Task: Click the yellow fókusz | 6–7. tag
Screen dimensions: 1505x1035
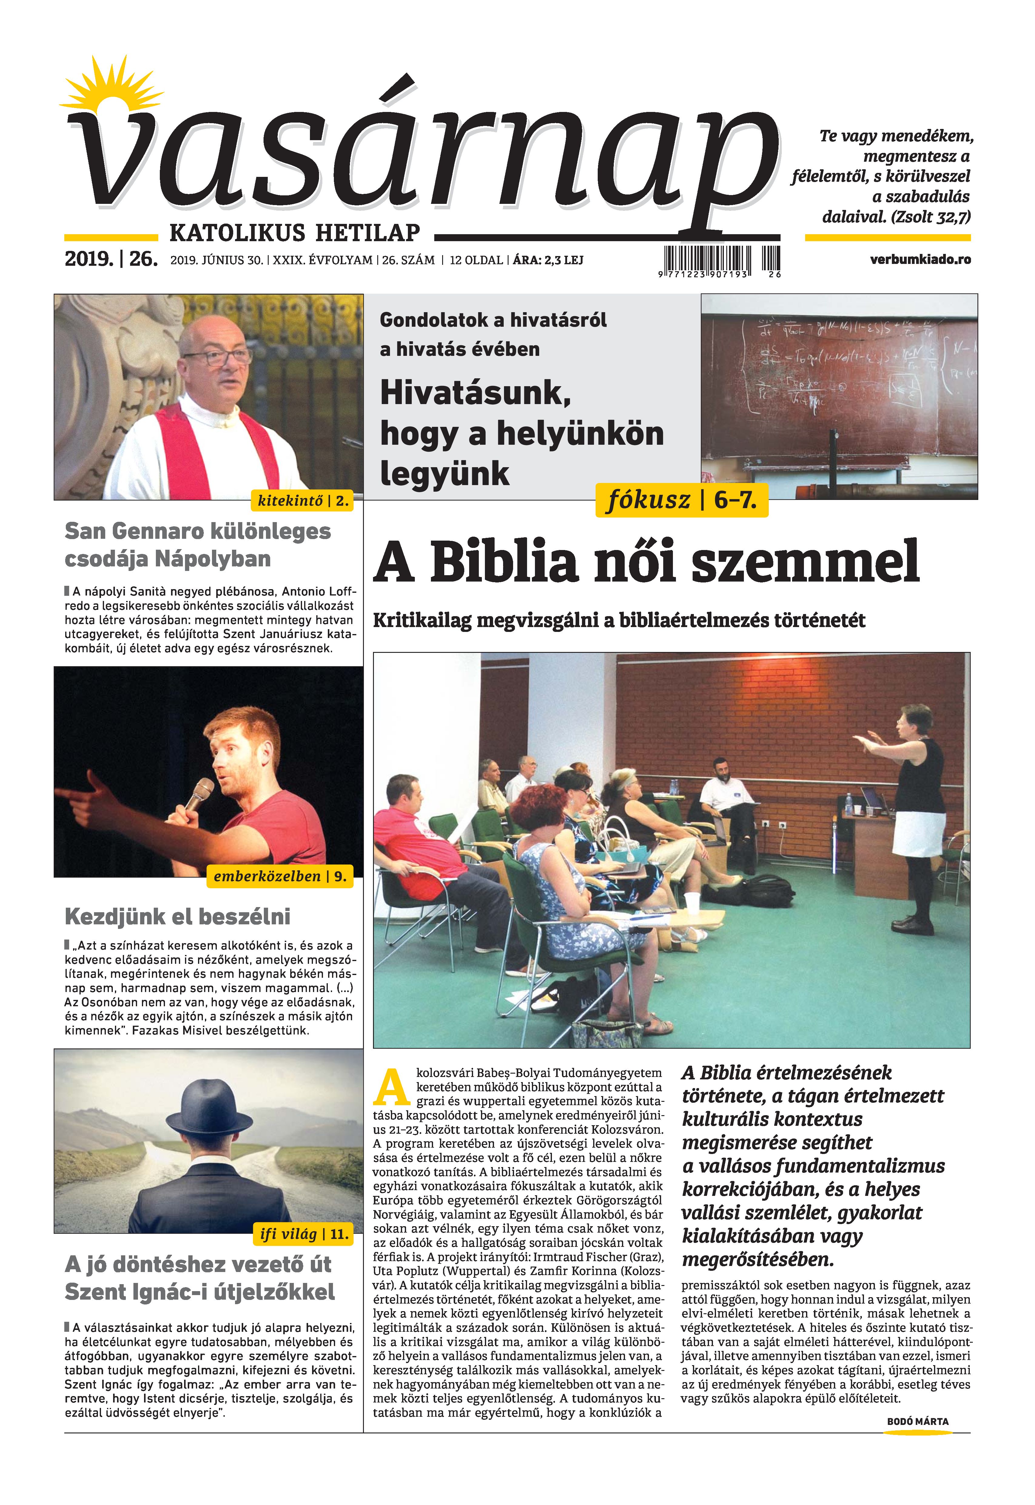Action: point(681,500)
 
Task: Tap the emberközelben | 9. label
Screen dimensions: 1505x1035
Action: point(280,876)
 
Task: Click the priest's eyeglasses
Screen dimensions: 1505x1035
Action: point(217,356)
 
